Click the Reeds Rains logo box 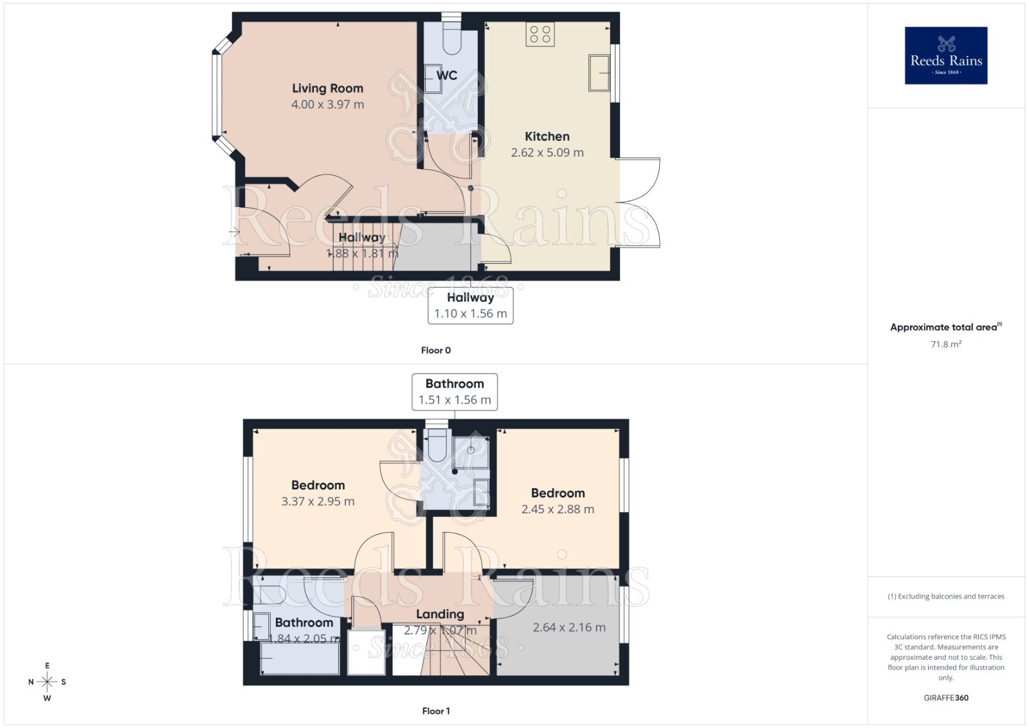(x=945, y=55)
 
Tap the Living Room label (x=327, y=88)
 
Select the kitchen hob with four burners (x=540, y=34)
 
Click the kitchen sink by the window (x=599, y=73)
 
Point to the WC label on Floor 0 (x=446, y=75)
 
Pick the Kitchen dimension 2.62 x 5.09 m (x=547, y=152)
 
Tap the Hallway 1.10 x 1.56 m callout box (x=470, y=305)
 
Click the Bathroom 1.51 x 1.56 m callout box (x=454, y=391)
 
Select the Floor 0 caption (x=435, y=350)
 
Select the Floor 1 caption (x=435, y=711)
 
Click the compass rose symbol (x=47, y=682)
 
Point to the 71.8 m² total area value (x=945, y=344)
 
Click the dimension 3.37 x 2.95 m (x=318, y=501)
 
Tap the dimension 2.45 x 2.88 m (x=558, y=509)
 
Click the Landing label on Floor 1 (x=439, y=614)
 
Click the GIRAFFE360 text (x=945, y=698)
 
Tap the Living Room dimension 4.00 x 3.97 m (x=327, y=104)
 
